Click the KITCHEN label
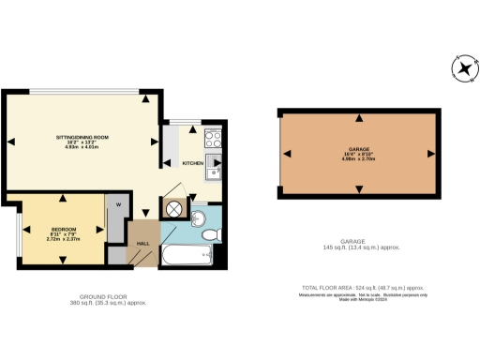[193, 163]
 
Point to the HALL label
[143, 243]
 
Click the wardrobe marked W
[119, 204]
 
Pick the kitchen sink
[215, 170]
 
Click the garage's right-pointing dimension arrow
[430, 153]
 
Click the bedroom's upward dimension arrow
[63, 198]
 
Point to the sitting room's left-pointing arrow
[12, 142]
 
